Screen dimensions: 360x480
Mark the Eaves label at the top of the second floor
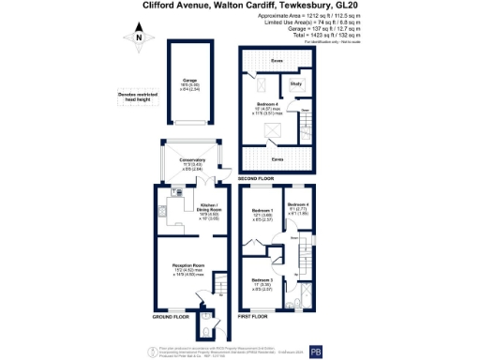277,61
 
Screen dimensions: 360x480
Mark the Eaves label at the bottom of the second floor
277,134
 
